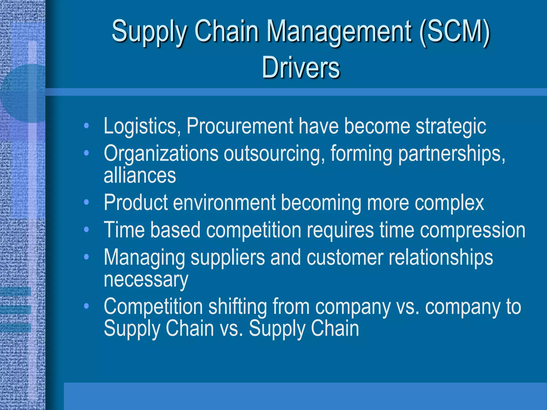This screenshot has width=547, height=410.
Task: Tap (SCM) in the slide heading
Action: (454, 31)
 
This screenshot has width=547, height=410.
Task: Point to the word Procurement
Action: (240, 126)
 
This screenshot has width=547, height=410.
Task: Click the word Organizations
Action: (161, 154)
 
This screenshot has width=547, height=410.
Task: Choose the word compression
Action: (472, 230)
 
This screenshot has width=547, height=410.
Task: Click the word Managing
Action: (144, 258)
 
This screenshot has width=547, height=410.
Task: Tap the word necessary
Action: (146, 280)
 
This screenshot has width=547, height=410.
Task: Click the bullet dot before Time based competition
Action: (86, 229)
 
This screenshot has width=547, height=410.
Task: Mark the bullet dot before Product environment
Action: (86, 202)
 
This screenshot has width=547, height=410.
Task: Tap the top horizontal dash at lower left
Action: (15, 291)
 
